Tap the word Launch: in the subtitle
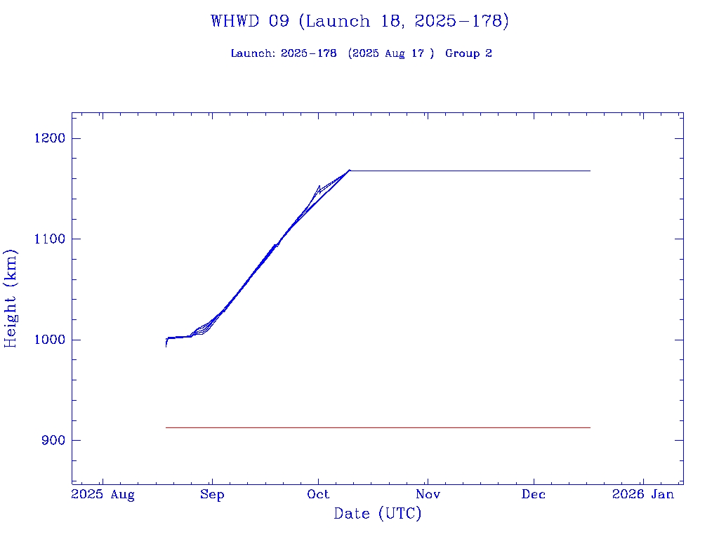click(x=253, y=54)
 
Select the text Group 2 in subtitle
click(x=468, y=54)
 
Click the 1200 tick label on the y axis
click(x=49, y=138)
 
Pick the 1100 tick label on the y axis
click(x=49, y=239)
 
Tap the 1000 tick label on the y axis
click(x=49, y=340)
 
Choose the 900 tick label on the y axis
click(x=53, y=441)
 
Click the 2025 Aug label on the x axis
click(x=103, y=495)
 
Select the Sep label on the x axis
click(x=212, y=495)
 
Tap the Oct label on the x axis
click(x=319, y=495)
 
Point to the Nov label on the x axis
click(x=427, y=495)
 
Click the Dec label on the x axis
click(x=534, y=495)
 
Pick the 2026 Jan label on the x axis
click(x=642, y=495)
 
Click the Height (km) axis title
click(x=11, y=298)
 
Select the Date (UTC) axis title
click(x=377, y=514)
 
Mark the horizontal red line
click(x=378, y=427)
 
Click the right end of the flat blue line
click(x=589, y=171)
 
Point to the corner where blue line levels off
click(x=350, y=171)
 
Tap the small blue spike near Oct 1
click(x=319, y=187)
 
